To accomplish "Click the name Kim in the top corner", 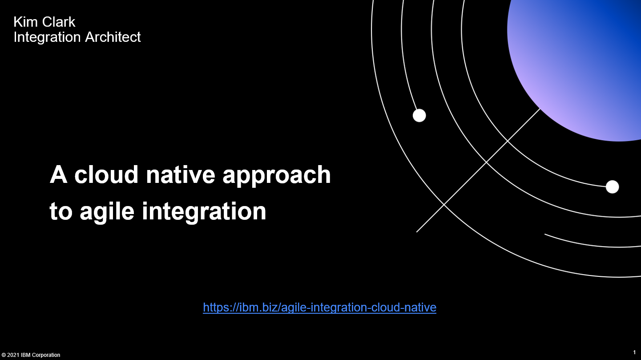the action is [25, 22].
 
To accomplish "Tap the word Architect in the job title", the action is [113, 37].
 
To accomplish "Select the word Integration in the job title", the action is [47, 37].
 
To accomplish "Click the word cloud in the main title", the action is [106, 174].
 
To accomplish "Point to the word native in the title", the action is [181, 174].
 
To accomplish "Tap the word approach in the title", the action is [277, 175].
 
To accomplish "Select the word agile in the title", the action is [107, 212].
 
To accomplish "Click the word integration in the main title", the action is [204, 212].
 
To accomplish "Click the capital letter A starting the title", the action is [59, 174].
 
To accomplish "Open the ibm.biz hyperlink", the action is [320, 307].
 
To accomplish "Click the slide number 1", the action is [634, 352].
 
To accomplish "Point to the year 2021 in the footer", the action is [13, 355].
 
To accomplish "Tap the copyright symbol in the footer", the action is [4, 355].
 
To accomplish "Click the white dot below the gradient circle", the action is [613, 187].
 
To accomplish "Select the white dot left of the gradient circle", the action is [419, 115].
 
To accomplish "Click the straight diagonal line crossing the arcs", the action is [478, 170].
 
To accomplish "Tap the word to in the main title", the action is [61, 212].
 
